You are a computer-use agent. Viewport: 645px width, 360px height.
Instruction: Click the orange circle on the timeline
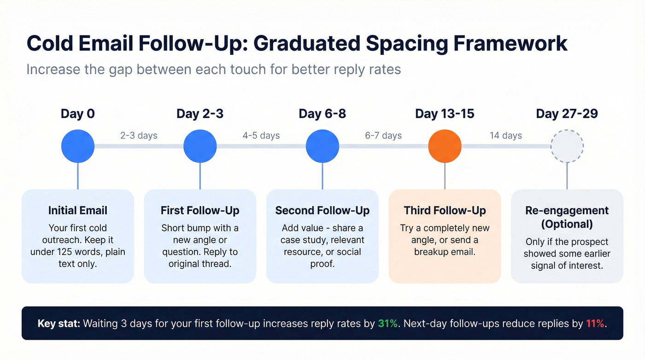(x=445, y=146)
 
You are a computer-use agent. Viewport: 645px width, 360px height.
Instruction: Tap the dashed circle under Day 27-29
(x=567, y=146)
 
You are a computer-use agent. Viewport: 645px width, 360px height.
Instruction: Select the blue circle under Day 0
(x=78, y=146)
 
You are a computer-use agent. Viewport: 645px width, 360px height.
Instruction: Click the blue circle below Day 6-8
(x=322, y=146)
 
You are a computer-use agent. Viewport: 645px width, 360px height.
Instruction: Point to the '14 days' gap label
(x=505, y=136)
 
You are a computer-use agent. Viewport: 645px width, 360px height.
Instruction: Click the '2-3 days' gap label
(x=139, y=136)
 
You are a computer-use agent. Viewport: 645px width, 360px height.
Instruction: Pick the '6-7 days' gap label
(x=383, y=136)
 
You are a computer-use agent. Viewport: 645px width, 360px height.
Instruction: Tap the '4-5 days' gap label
(x=261, y=136)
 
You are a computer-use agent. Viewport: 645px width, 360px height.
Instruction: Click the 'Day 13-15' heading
(x=445, y=114)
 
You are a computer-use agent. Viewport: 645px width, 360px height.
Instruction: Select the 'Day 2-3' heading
(x=200, y=114)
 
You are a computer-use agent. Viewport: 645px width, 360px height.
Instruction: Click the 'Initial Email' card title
(x=78, y=211)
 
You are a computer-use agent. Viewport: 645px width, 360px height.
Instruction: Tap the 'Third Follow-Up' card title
(x=445, y=211)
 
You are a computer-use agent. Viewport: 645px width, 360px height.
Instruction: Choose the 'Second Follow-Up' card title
(x=322, y=211)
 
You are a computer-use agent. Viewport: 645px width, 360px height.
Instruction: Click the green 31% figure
(x=387, y=324)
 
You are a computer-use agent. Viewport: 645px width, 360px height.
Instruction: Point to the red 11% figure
(x=595, y=324)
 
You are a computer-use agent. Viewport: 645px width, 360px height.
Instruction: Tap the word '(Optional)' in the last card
(x=567, y=224)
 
